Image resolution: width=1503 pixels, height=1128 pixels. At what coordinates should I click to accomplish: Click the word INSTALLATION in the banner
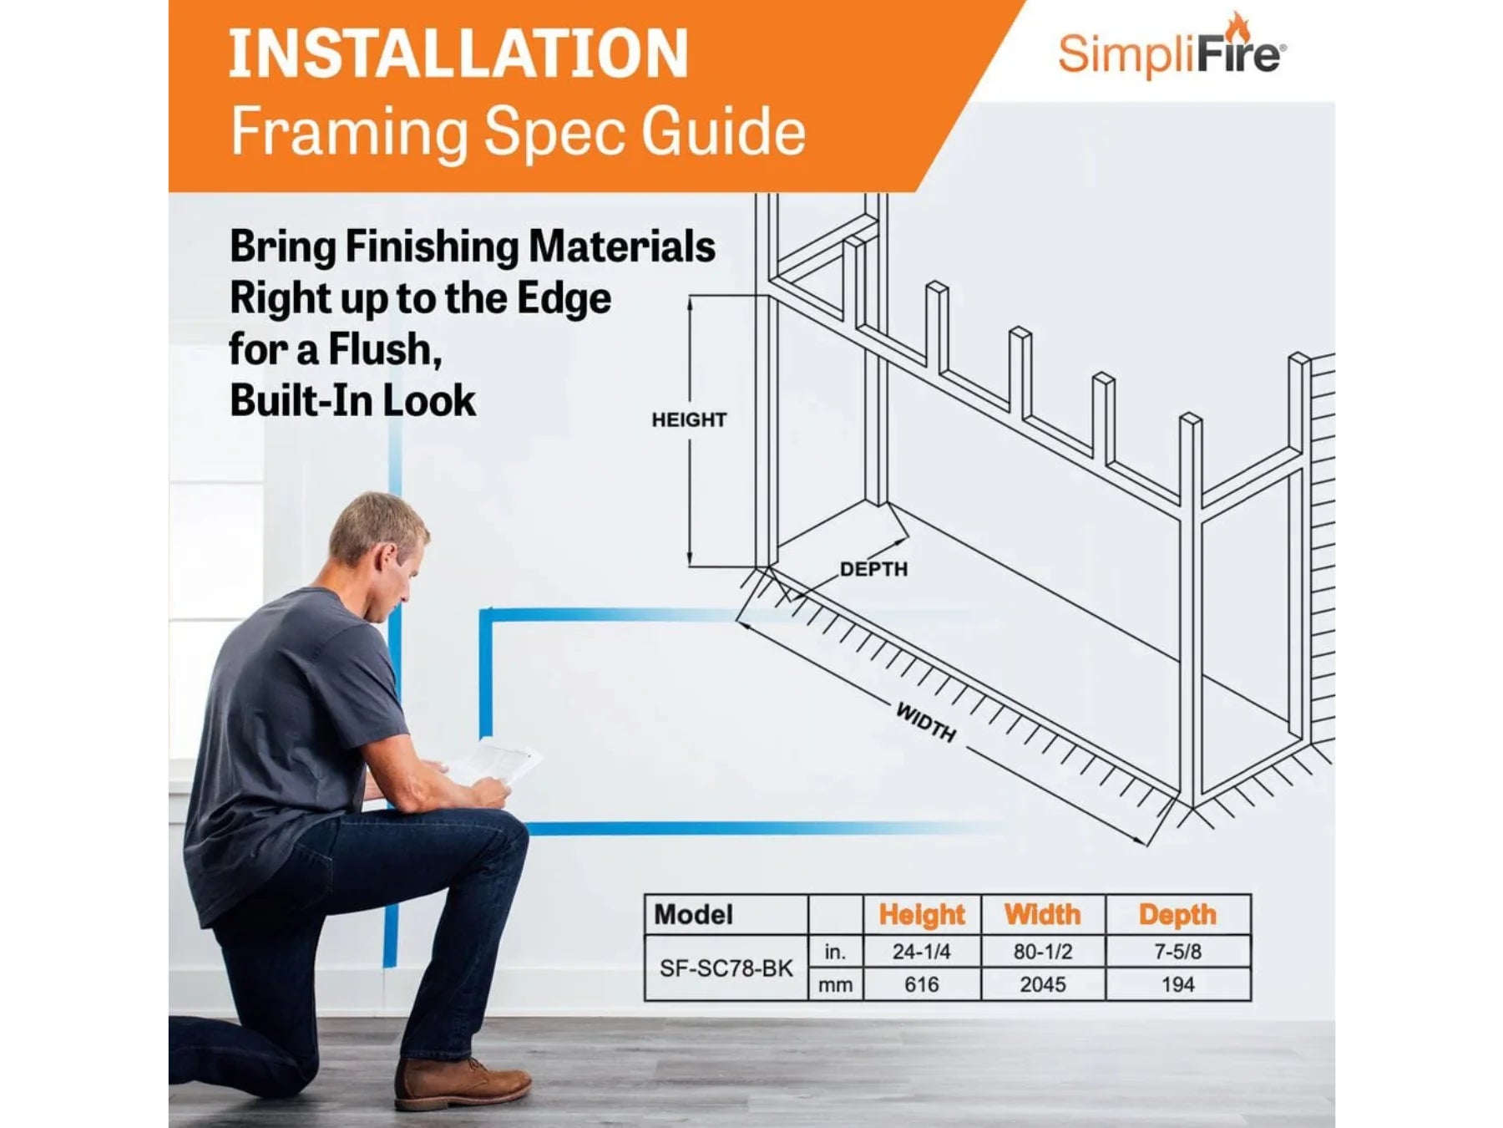pyautogui.click(x=458, y=53)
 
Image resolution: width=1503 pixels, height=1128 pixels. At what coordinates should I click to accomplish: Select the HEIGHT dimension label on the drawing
pyautogui.click(x=689, y=419)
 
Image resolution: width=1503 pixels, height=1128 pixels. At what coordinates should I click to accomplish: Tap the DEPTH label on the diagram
pyautogui.click(x=873, y=569)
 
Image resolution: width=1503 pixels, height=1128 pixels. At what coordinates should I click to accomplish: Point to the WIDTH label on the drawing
pyautogui.click(x=926, y=722)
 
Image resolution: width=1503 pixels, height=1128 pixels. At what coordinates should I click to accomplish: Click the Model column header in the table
pyautogui.click(x=693, y=914)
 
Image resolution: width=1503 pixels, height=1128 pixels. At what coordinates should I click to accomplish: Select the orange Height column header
pyautogui.click(x=921, y=915)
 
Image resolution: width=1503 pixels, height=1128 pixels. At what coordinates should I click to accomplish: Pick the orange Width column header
pyautogui.click(x=1042, y=914)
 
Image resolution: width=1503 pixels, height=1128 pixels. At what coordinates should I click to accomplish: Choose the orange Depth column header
pyautogui.click(x=1177, y=915)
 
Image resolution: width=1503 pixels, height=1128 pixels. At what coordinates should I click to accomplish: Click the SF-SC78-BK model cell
pyautogui.click(x=726, y=968)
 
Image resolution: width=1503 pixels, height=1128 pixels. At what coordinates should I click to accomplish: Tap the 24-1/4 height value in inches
pyautogui.click(x=921, y=951)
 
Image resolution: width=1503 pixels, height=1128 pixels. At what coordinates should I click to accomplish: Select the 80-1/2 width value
pyautogui.click(x=1042, y=951)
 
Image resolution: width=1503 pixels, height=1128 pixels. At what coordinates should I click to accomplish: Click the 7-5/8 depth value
pyautogui.click(x=1177, y=951)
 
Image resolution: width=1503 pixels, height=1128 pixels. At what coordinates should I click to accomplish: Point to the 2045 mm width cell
pyautogui.click(x=1042, y=984)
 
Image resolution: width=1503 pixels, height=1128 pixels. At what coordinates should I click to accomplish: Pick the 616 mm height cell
pyautogui.click(x=921, y=984)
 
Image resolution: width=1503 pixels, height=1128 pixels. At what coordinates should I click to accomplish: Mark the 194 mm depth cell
pyautogui.click(x=1177, y=984)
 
